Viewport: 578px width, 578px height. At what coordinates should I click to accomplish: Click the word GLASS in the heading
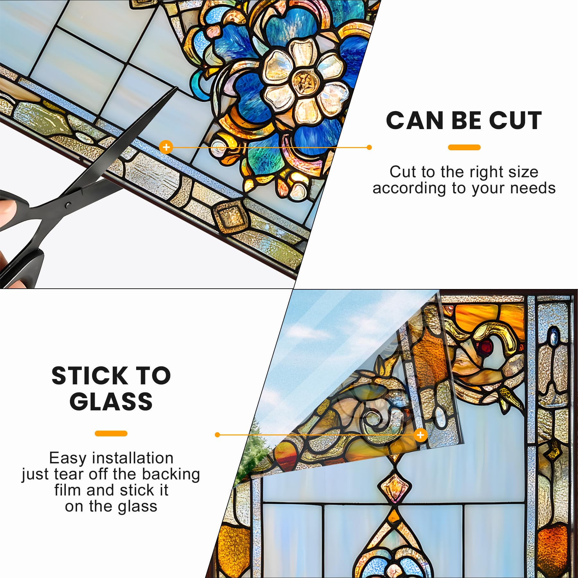pyautogui.click(x=111, y=402)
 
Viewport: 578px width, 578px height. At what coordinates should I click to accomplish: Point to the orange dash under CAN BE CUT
pyautogui.click(x=464, y=147)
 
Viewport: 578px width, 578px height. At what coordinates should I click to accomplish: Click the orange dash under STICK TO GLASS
pyautogui.click(x=111, y=433)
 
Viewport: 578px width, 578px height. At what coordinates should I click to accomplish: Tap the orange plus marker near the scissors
pyautogui.click(x=166, y=147)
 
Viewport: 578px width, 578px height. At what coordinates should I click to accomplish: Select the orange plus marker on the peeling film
pyautogui.click(x=420, y=435)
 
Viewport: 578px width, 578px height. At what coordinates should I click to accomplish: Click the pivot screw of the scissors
pyautogui.click(x=67, y=205)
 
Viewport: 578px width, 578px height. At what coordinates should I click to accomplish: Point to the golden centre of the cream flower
pyautogui.click(x=303, y=79)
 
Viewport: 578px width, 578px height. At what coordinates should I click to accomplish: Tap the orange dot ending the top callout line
pyautogui.click(x=369, y=147)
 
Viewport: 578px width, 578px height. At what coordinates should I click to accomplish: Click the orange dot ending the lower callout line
pyautogui.click(x=217, y=435)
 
